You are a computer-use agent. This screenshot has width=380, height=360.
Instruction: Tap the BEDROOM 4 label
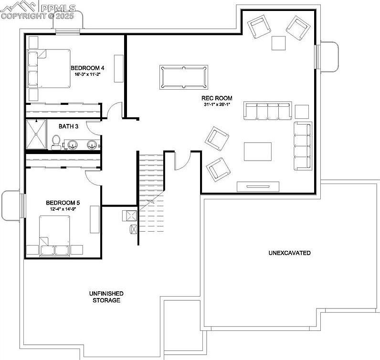(87, 68)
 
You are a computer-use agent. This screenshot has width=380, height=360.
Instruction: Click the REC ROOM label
(217, 98)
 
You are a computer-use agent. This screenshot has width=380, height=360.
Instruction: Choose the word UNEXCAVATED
(289, 253)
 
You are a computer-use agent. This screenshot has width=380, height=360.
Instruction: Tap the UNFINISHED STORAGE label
(106, 297)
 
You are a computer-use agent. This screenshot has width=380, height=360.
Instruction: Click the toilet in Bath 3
(56, 142)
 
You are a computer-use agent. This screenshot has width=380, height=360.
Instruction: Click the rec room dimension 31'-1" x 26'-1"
(217, 105)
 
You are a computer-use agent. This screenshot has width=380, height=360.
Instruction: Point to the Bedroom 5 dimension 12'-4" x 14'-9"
(63, 209)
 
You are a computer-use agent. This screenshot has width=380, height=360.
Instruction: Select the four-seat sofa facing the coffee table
(267, 111)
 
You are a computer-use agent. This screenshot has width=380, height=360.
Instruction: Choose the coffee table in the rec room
(258, 152)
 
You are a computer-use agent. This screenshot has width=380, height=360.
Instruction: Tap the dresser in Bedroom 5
(95, 219)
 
